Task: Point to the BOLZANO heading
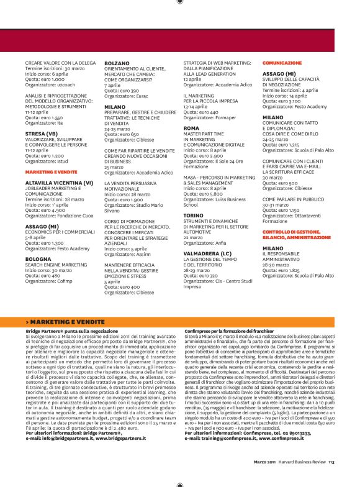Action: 117,63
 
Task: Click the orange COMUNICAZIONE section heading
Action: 282,63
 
